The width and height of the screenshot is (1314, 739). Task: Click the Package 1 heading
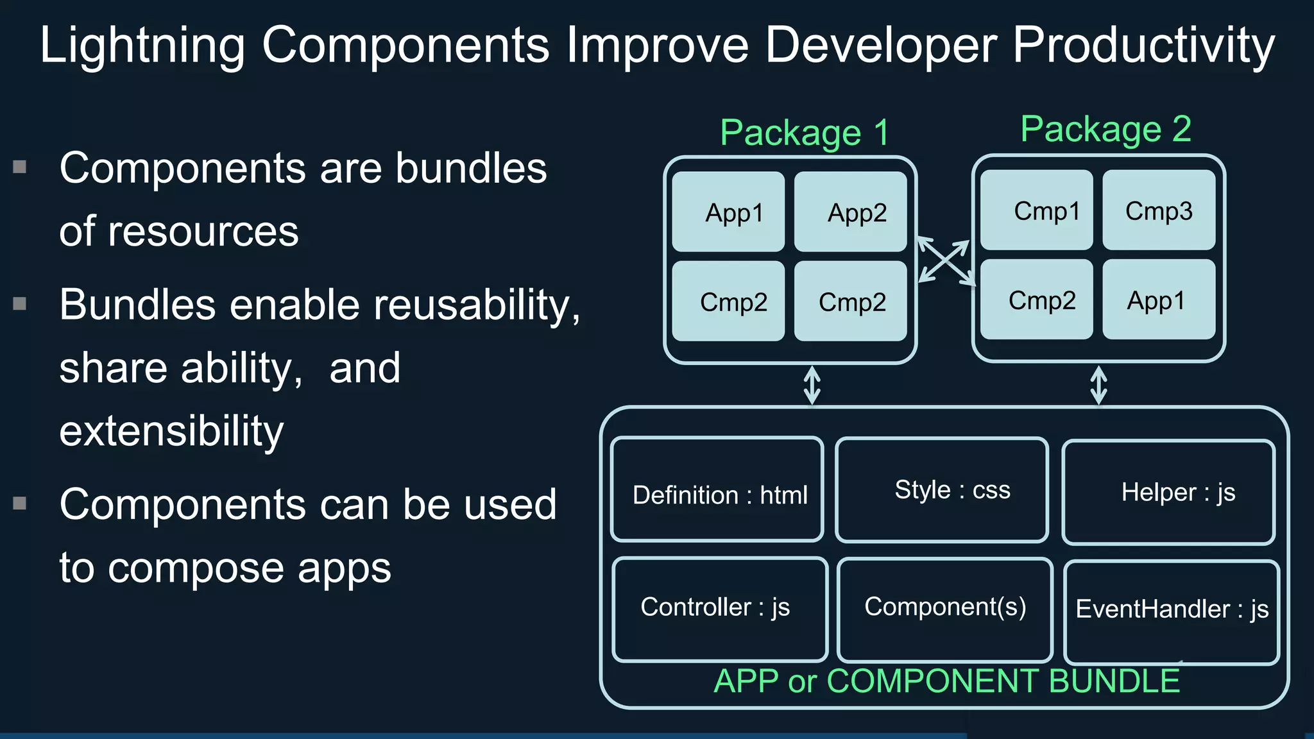tap(805, 133)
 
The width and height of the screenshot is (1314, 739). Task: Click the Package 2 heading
tap(1105, 130)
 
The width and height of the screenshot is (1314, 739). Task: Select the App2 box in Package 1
tap(850, 212)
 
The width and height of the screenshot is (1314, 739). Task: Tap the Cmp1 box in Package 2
tap(1036, 210)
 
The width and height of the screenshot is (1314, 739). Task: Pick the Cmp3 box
tap(1159, 210)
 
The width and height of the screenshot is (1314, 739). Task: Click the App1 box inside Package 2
tap(1159, 300)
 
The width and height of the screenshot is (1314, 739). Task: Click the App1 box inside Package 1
tap(728, 212)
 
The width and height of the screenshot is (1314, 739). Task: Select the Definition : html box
tap(717, 489)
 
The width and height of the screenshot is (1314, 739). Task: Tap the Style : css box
tap(942, 490)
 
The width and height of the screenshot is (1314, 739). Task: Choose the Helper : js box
tap(1168, 492)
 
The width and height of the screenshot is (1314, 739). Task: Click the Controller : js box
tap(720, 609)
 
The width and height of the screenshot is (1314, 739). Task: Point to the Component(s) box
tap(945, 609)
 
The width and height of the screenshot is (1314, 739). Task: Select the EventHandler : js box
tap(1172, 611)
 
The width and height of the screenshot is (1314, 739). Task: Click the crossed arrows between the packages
tap(944, 261)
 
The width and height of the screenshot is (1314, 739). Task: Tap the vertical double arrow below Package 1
tap(812, 386)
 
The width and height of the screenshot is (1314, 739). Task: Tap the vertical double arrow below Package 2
tap(1098, 386)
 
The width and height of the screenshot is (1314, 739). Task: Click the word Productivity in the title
tap(1143, 46)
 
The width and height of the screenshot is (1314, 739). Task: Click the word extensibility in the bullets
tap(171, 430)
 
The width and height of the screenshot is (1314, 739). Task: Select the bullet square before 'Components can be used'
tap(20, 504)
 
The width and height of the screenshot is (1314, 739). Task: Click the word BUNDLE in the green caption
tap(1114, 681)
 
